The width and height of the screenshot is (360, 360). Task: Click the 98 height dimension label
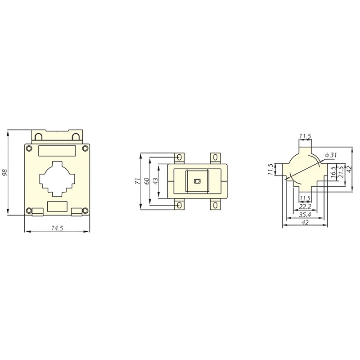(x=5, y=172)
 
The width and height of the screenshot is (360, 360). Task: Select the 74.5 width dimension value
(x=57, y=228)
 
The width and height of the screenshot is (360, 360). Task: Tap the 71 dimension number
(x=138, y=181)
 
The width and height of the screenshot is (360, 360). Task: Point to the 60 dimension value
(x=147, y=181)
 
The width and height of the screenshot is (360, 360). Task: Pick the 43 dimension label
(x=156, y=181)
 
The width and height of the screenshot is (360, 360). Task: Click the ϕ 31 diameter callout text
(x=331, y=155)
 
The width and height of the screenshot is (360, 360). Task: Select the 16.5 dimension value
(x=333, y=172)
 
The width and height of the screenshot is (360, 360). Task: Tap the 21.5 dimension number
(x=342, y=172)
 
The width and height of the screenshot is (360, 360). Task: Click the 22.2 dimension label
(x=305, y=207)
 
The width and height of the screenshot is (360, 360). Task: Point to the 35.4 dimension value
(x=305, y=215)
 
